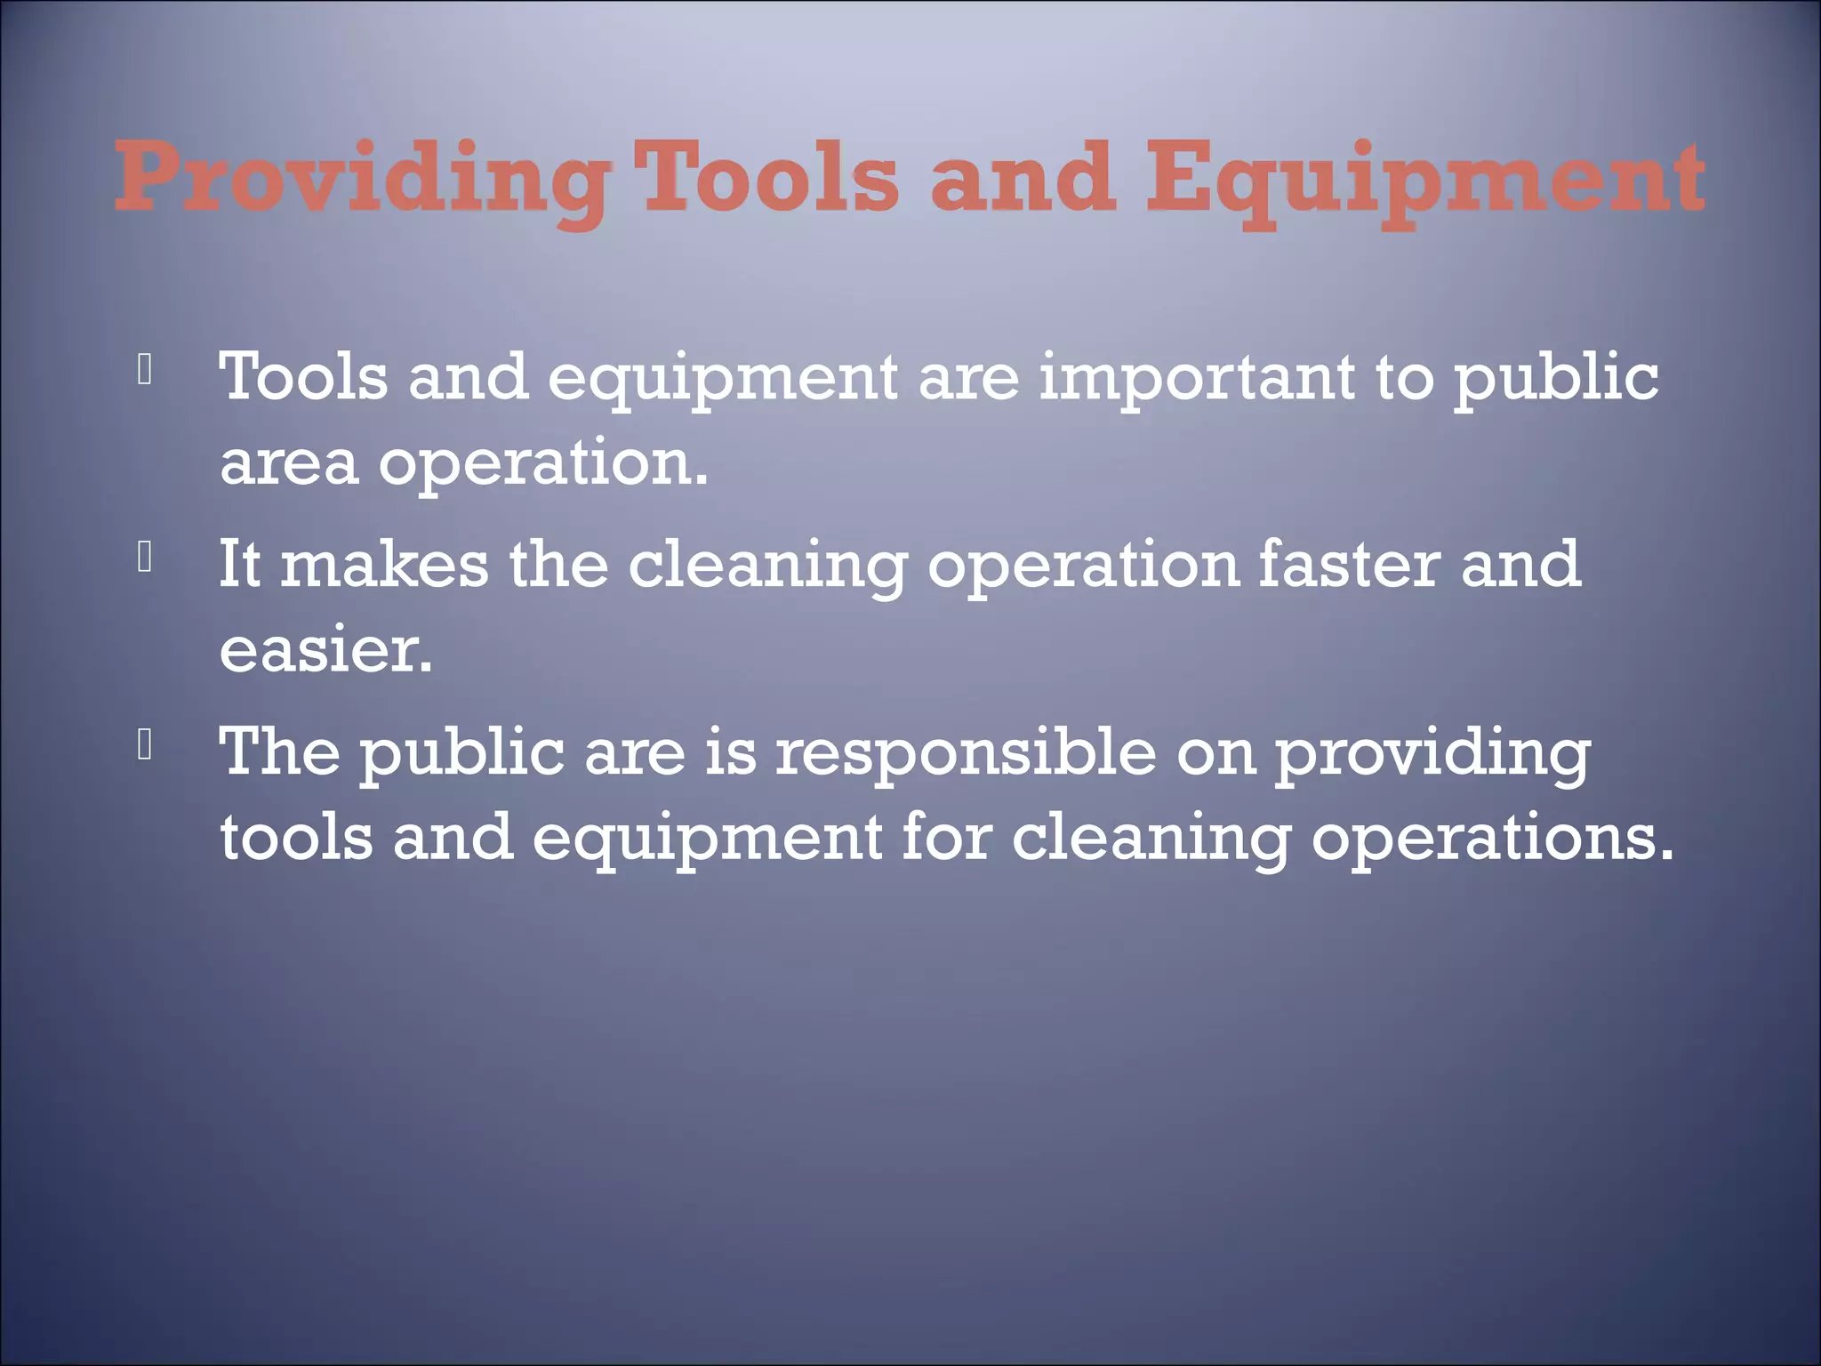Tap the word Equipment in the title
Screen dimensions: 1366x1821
pos(1425,181)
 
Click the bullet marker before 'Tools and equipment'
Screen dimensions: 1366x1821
pos(146,370)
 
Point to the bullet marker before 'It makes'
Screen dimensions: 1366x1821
pos(146,558)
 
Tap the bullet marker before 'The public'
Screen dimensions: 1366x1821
pos(146,745)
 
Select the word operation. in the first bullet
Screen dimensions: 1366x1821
pos(543,464)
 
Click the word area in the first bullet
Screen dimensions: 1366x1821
pos(288,464)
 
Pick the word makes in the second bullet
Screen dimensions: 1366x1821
pos(384,565)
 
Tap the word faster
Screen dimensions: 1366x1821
pos(1348,565)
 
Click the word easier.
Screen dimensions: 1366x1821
pos(325,650)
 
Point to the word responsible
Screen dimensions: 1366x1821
pos(965,752)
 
